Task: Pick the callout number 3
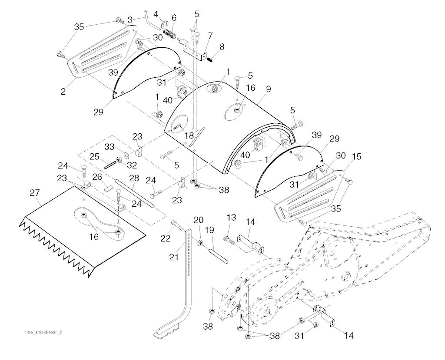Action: [x=130, y=19]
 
